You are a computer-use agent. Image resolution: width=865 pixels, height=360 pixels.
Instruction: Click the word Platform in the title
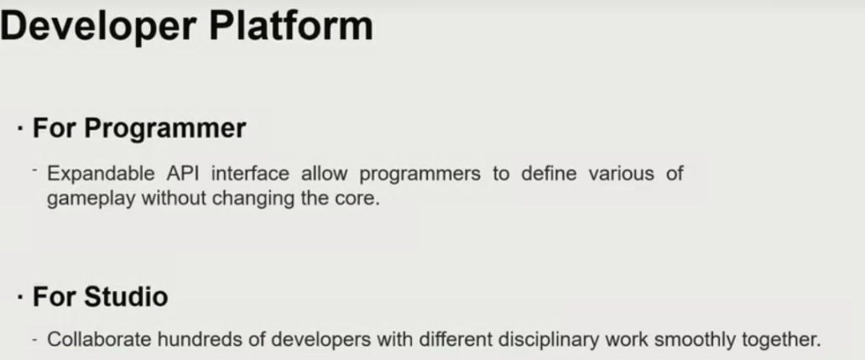[x=291, y=27]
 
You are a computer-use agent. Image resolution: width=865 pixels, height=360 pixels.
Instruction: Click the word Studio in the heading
[x=127, y=296]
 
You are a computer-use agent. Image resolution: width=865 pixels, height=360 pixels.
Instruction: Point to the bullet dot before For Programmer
[x=20, y=131]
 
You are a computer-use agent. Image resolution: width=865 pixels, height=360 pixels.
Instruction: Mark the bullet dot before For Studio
[x=20, y=298]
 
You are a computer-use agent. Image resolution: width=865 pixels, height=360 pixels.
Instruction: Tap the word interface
[x=250, y=174]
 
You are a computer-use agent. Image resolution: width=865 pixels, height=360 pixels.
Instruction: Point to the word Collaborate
[x=97, y=339]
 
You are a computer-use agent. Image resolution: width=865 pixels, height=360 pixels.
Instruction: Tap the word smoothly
[x=678, y=340]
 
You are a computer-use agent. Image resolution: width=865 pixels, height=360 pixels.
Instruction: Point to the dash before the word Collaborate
[x=34, y=340]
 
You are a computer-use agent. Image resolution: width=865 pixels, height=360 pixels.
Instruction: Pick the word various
[x=621, y=174]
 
